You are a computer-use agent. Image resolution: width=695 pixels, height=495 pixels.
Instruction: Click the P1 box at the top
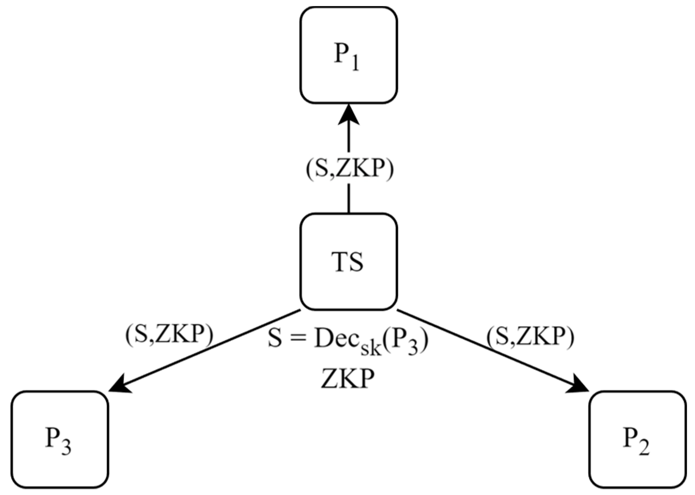click(348, 55)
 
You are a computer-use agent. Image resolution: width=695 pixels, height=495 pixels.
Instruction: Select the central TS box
click(348, 262)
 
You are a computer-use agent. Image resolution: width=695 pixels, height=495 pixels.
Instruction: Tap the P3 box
click(60, 439)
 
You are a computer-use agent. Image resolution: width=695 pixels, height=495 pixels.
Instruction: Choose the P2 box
click(637, 439)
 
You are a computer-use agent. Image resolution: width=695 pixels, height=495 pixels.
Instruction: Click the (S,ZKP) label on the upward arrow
click(350, 170)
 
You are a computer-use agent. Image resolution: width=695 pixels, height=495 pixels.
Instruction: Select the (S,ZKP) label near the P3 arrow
click(169, 333)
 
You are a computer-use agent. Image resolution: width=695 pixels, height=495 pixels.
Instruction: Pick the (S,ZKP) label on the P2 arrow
click(530, 336)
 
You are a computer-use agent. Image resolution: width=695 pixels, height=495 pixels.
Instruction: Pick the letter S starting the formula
click(275, 339)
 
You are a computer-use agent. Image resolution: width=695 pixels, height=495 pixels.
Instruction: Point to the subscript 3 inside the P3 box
click(66, 447)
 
